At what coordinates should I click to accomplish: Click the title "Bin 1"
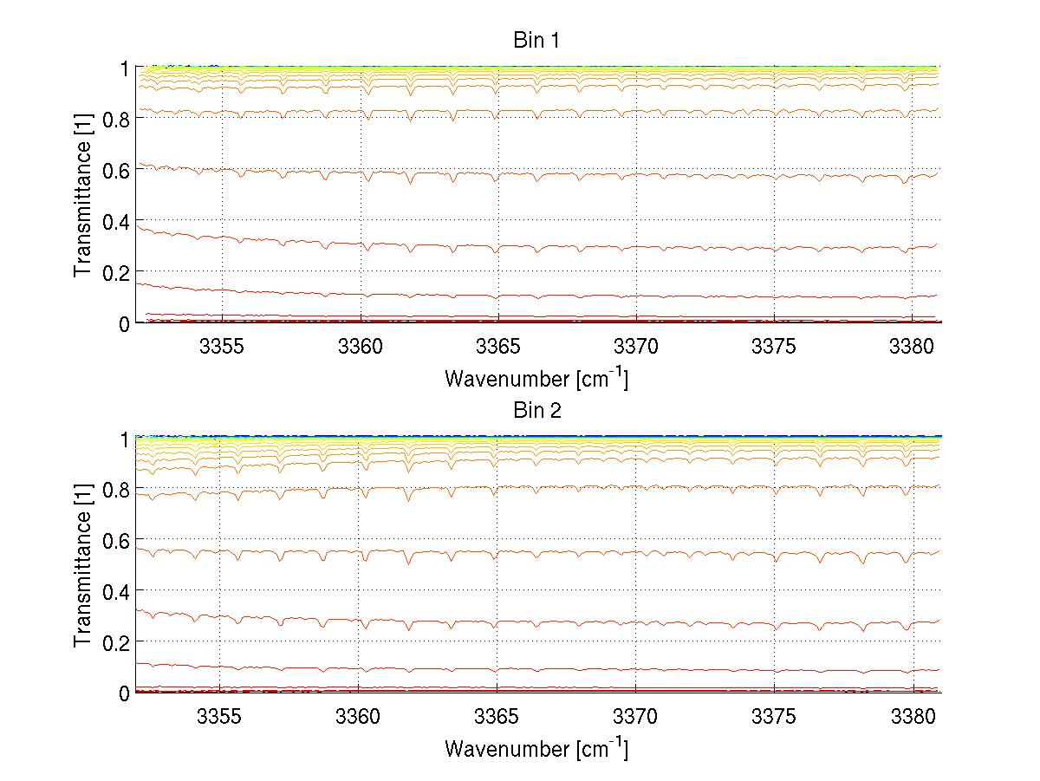537,40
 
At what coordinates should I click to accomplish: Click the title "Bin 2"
537,411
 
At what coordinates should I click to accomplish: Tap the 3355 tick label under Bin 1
221,346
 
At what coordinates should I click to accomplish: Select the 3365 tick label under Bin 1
497,346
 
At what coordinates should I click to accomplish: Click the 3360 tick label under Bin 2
359,716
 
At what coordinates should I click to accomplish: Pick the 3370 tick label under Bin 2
635,716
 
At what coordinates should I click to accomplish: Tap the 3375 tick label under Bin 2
773,716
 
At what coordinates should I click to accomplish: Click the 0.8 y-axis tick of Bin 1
115,119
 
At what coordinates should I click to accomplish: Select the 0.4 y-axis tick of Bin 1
115,221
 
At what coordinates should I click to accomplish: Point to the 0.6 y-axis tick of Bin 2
115,540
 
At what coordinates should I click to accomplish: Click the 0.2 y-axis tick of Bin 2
115,641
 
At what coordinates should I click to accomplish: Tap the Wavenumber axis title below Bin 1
536,378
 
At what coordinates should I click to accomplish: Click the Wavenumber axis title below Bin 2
536,748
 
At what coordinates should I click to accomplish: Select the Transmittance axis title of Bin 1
82,195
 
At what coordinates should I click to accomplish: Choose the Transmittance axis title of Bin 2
82,565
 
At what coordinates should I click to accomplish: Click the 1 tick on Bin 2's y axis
124,439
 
